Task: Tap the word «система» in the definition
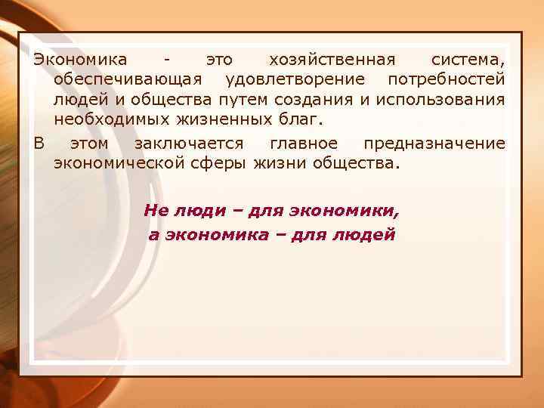click(466, 59)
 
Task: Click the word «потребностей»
click(447, 79)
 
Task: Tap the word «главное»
click(304, 143)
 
